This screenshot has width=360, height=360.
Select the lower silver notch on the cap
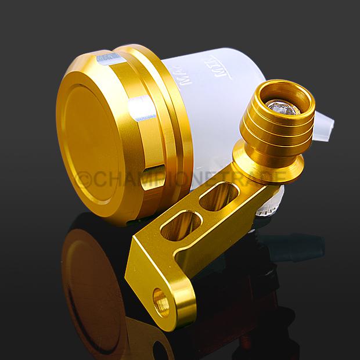point(143,110)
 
